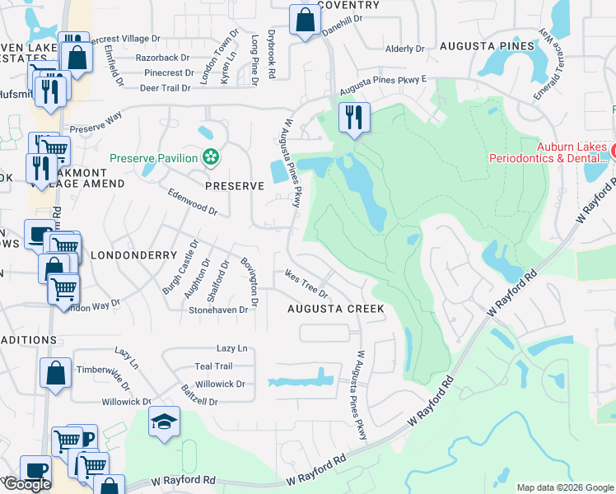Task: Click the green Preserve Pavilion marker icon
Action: [x=212, y=157]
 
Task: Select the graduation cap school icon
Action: [x=164, y=423]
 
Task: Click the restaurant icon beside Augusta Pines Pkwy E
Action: [x=354, y=116]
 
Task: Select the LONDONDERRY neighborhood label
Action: [x=133, y=255]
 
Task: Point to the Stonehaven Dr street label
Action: [x=218, y=310]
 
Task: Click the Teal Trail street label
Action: [x=213, y=366]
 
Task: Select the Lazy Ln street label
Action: [x=231, y=349]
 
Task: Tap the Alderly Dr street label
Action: [x=404, y=49]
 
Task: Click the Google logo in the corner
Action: [x=26, y=484]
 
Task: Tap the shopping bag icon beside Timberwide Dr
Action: [x=54, y=372]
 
